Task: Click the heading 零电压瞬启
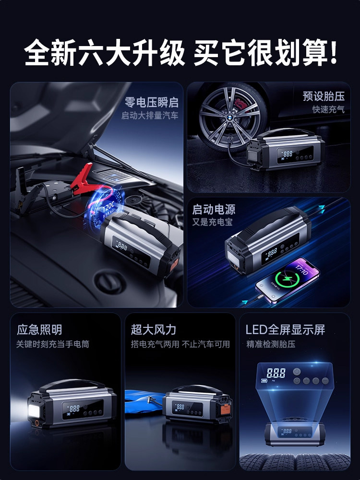pos(151,102)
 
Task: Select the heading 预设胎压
pos(324,96)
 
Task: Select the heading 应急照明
pos(39,330)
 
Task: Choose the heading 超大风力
pos(154,330)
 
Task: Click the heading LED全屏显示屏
pos(285,330)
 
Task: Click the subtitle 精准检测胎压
pos(271,344)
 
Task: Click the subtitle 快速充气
pos(328,109)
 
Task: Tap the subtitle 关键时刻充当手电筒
pos(53,344)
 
